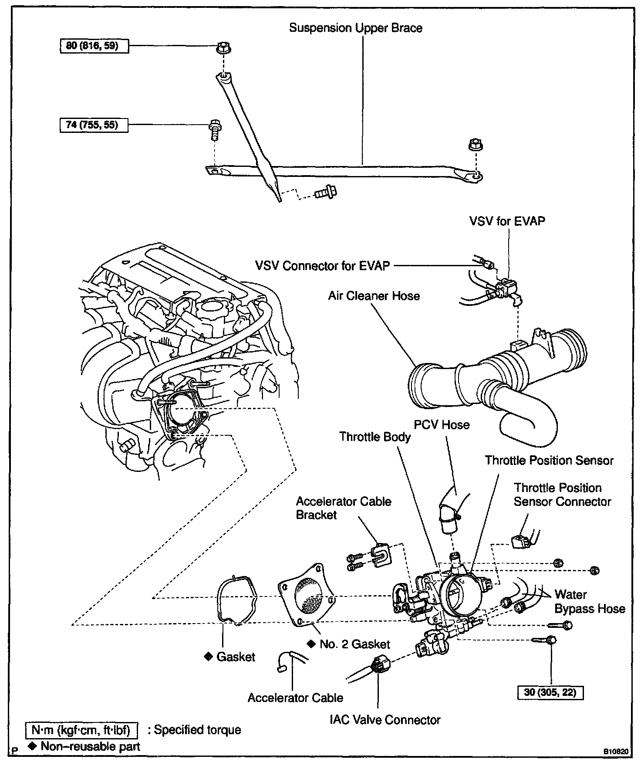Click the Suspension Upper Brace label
pos(356,28)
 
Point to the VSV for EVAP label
pos(507,221)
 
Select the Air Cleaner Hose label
pos(374,296)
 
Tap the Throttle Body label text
pos(375,437)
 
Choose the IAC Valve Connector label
pos(385,719)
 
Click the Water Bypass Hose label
pos(589,602)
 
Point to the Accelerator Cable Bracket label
pos(343,508)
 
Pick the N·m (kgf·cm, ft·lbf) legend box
pos(81,730)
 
